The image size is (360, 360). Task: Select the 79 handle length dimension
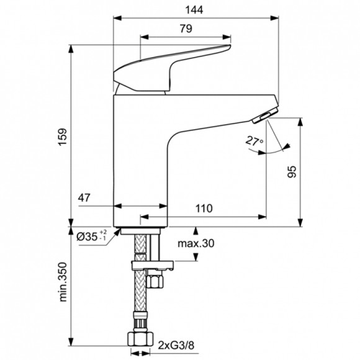point(185,29)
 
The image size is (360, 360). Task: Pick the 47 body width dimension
point(85,199)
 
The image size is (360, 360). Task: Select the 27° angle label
point(254,142)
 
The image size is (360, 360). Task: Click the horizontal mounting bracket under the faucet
point(151,265)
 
